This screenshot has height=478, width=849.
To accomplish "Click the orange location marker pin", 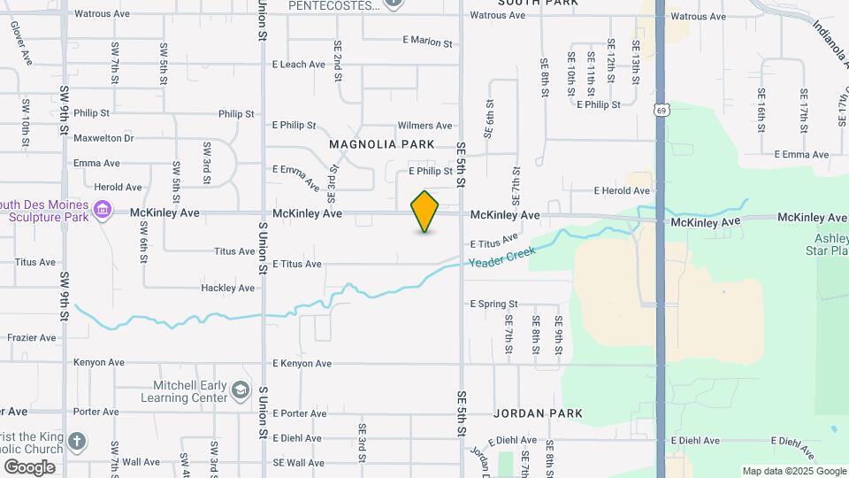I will tap(424, 212).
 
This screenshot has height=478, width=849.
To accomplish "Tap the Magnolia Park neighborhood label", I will tap(381, 144).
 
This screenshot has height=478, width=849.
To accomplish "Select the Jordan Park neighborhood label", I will tap(538, 413).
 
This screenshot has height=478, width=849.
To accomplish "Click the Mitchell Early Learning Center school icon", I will tap(240, 390).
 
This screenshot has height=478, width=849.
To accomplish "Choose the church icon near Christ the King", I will tap(77, 441).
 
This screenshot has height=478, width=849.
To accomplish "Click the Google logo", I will tap(29, 466).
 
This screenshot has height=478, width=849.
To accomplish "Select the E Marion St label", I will tap(427, 42).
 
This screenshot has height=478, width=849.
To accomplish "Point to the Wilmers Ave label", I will tap(424, 126).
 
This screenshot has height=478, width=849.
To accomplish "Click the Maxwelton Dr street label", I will tap(103, 138).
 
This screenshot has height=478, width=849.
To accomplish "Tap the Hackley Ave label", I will tap(227, 289).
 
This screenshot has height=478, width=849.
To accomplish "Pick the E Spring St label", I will tap(493, 304).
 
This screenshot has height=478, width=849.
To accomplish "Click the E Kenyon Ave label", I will tap(302, 364).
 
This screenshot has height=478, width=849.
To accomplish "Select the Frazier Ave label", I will tap(31, 338).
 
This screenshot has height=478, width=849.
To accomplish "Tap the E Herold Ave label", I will tap(622, 190).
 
